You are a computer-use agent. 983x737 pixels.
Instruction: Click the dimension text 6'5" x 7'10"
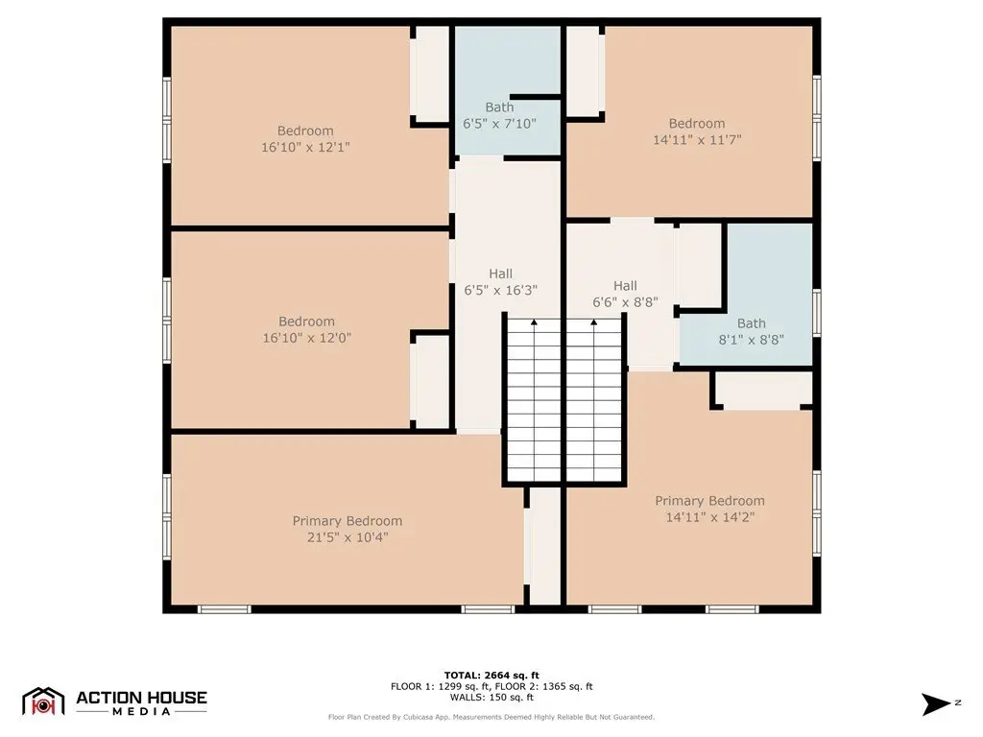point(499,124)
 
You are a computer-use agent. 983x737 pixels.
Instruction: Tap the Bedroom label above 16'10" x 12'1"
point(305,131)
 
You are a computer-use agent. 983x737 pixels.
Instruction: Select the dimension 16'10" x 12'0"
point(306,337)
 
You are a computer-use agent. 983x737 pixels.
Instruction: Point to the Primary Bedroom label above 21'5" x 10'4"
point(348,521)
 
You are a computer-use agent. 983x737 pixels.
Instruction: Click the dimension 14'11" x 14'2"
point(709,517)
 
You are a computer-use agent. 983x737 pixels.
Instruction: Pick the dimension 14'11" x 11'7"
point(697,140)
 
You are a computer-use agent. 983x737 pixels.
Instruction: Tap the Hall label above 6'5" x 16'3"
point(500,273)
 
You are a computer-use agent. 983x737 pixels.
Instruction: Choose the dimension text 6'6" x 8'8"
point(625,302)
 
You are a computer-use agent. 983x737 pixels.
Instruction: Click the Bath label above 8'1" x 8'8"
point(751,323)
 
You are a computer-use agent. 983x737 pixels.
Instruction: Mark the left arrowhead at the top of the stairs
point(534,322)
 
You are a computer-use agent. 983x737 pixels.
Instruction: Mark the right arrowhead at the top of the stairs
point(593,322)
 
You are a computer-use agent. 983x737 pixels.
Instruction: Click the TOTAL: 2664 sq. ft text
point(491,675)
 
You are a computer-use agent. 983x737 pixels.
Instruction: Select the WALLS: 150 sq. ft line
point(491,697)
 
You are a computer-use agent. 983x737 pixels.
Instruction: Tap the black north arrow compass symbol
point(935,703)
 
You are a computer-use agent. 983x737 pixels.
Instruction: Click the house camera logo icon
point(43,701)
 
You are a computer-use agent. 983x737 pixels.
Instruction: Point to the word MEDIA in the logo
point(142,711)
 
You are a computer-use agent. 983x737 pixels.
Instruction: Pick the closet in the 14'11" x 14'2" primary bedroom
point(763,391)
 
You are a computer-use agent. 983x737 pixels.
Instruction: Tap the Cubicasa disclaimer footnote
point(491,717)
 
